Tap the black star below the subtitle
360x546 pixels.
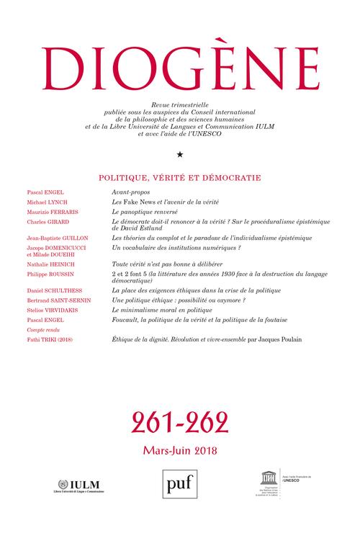(x=179, y=154)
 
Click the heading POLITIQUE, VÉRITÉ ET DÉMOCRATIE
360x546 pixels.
(x=179, y=175)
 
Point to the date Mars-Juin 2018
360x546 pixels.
(x=179, y=451)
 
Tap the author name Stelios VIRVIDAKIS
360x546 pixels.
(x=52, y=308)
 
